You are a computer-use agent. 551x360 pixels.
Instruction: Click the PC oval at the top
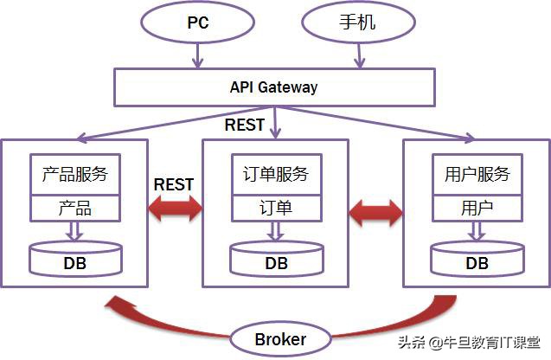[197, 23]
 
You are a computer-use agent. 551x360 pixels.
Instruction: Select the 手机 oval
[355, 23]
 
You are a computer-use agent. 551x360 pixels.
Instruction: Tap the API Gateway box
[273, 87]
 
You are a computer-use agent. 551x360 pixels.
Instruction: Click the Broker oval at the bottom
[279, 338]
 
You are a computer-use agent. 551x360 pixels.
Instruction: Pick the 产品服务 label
[74, 174]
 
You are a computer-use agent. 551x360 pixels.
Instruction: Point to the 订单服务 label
[276, 174]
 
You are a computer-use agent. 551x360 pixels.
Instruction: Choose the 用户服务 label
[477, 174]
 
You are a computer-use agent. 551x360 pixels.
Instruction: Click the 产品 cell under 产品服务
[74, 208]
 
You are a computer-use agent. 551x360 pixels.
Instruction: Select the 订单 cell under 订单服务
[276, 208]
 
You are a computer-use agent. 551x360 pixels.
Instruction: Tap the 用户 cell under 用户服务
[477, 208]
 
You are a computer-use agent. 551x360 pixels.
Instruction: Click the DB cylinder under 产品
[74, 259]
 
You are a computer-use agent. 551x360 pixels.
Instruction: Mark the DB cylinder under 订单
[276, 259]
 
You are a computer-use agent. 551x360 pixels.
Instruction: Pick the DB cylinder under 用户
[477, 259]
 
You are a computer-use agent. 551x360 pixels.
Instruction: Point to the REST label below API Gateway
[245, 125]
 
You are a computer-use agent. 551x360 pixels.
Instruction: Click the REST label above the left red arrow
[174, 184]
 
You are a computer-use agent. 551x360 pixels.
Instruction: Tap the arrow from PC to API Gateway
[198, 55]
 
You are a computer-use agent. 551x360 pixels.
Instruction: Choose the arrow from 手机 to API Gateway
[359, 55]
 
